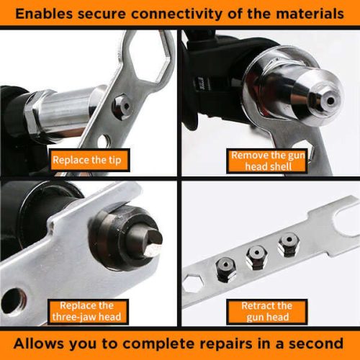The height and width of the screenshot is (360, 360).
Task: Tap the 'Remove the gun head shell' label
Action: pyautogui.click(x=267, y=161)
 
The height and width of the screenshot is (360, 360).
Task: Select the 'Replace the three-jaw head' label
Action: pyautogui.click(x=88, y=312)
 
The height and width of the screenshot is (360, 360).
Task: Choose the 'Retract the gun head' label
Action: pyautogui.click(x=267, y=312)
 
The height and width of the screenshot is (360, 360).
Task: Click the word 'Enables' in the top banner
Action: pyautogui.click(x=44, y=14)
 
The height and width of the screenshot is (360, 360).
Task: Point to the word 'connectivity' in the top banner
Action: pyautogui.click(x=176, y=14)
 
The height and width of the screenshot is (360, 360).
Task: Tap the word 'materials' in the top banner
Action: pyautogui.click(x=310, y=14)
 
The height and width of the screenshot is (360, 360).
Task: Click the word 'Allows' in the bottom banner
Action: pyautogui.click(x=38, y=343)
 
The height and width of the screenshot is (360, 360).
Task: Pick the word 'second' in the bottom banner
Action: pyautogui.click(x=316, y=343)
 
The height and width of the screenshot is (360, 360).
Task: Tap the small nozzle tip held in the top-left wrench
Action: pyautogui.click(x=122, y=107)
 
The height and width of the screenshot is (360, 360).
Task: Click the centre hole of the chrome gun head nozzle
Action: pyautogui.click(x=330, y=101)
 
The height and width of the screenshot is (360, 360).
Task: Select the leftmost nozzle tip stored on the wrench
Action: pyautogui.click(x=225, y=269)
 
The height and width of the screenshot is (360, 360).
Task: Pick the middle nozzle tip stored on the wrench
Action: pyautogui.click(x=257, y=258)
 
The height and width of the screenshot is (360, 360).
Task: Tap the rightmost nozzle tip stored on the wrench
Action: pyautogui.click(x=289, y=244)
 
